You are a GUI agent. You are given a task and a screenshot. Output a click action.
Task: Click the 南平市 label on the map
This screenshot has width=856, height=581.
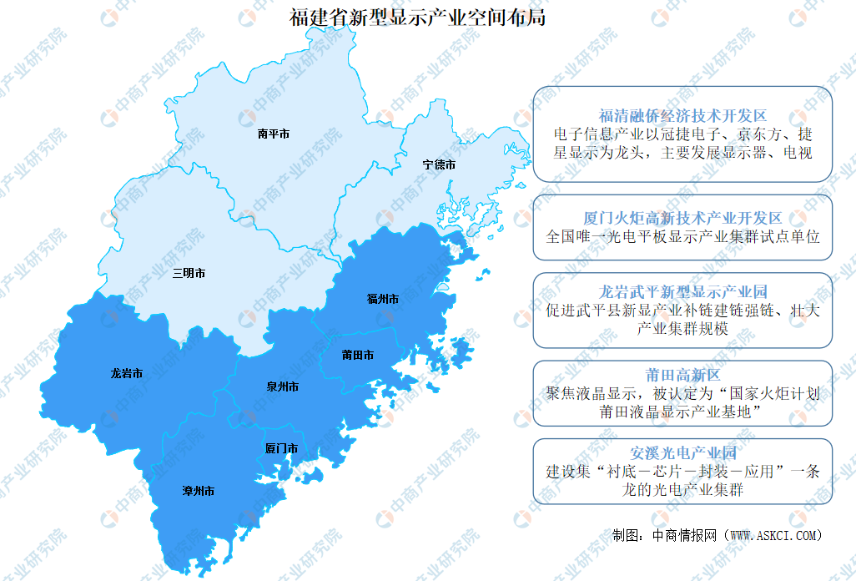click(274, 133)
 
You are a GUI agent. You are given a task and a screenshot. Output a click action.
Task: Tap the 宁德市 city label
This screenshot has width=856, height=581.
click(439, 165)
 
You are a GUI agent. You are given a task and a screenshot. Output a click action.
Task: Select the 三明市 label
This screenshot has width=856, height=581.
click(189, 273)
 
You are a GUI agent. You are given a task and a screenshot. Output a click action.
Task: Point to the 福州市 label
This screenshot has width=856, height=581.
click(383, 298)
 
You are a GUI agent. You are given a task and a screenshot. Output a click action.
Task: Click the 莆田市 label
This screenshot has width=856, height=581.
click(357, 355)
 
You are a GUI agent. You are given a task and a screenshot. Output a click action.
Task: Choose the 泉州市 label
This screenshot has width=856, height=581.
click(282, 387)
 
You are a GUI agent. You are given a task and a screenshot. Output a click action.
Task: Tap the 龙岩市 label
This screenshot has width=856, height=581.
click(126, 374)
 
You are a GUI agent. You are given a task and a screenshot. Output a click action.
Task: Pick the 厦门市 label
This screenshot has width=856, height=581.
click(281, 449)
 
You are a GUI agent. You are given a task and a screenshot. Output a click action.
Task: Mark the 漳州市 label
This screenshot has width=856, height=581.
click(198, 492)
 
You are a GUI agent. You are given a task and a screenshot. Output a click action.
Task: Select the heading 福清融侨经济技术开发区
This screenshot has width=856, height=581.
click(682, 116)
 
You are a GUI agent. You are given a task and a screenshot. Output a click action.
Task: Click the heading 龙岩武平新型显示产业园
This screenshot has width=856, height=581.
click(682, 293)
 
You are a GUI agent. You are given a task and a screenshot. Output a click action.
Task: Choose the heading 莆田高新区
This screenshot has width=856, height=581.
click(682, 375)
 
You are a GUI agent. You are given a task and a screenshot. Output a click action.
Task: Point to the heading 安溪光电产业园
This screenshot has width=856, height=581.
click(682, 453)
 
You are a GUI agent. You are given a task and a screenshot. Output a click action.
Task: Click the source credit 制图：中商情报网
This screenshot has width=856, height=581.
click(665, 534)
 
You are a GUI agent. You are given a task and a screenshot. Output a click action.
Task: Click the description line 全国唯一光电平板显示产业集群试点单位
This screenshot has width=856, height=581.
click(682, 236)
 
